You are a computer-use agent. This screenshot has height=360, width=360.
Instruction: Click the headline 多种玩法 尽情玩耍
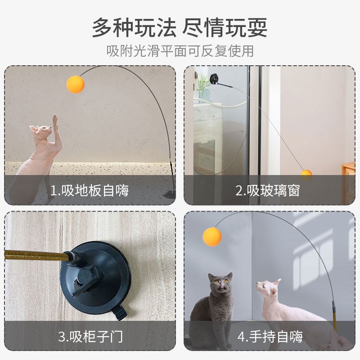tap(180, 27)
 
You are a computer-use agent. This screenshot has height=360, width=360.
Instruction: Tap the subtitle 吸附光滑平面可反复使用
tap(180, 51)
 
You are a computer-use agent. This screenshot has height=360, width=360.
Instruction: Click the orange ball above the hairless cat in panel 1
tap(75, 85)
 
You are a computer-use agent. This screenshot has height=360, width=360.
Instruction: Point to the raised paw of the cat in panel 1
tap(55, 120)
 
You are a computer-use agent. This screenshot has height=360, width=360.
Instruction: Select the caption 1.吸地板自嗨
tap(89, 190)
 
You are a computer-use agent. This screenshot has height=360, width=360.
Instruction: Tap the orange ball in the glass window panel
tap(306, 175)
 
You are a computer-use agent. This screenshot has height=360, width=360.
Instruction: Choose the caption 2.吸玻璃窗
tap(268, 190)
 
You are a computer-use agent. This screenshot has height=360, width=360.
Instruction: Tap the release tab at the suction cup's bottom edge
tap(119, 312)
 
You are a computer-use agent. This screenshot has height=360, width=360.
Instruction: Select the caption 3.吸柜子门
tap(90, 336)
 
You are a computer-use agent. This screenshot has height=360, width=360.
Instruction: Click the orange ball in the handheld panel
tap(212, 237)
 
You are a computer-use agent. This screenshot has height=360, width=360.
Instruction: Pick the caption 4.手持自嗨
tap(270, 336)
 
